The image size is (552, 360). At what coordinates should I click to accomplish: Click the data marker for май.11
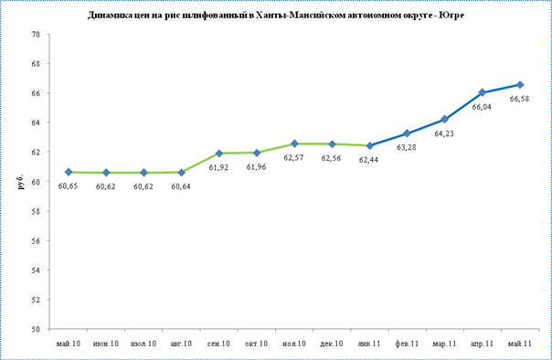[520, 85]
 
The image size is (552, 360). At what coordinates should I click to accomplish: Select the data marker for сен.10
[219, 154]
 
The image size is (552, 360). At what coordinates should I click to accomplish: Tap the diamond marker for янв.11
[369, 145]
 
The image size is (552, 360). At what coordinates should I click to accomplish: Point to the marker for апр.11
[482, 92]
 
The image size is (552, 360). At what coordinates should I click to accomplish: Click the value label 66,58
[519, 99]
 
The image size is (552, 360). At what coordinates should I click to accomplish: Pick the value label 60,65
[68, 186]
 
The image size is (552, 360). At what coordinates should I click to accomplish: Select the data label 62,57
[293, 158]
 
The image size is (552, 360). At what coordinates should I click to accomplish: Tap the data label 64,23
[444, 133]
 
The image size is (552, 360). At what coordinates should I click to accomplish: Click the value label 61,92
[218, 167]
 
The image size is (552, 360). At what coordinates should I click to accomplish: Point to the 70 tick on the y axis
[36, 35]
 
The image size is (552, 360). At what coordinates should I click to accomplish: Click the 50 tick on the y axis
[36, 329]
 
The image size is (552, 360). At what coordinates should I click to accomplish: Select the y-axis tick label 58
[36, 211]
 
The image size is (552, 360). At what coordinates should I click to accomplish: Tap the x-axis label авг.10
[181, 344]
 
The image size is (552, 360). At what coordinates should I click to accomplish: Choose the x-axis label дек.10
[331, 344]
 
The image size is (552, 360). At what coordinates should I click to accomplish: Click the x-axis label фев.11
[407, 344]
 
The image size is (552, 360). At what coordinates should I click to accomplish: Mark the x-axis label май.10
[69, 344]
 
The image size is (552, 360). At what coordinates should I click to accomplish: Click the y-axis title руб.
[21, 182]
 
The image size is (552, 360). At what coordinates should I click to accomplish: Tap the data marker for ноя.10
[294, 143]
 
